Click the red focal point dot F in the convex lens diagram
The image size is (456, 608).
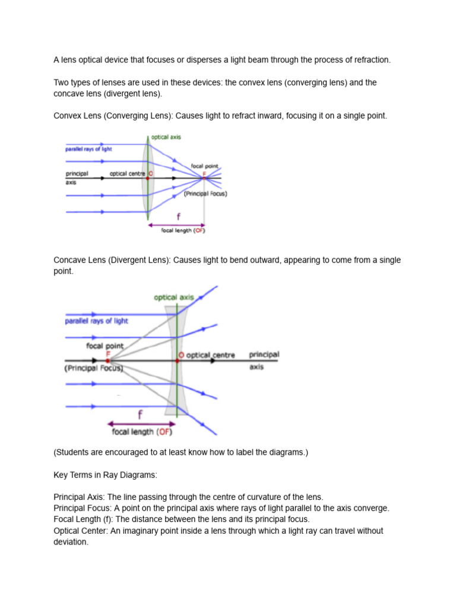[205, 178]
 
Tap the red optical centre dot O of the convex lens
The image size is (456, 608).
[148, 178]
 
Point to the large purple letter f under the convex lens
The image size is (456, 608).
[177, 217]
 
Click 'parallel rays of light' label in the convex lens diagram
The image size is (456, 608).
[88, 149]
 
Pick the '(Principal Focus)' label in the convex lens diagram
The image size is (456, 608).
[205, 194]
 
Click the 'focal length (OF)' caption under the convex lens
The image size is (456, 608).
[183, 230]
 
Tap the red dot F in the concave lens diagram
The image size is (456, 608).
[108, 360]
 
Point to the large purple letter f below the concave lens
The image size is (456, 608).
[140, 414]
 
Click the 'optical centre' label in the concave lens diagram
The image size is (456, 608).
[210, 355]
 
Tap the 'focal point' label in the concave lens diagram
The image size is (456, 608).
[105, 346]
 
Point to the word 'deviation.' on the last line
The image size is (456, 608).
[71, 542]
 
